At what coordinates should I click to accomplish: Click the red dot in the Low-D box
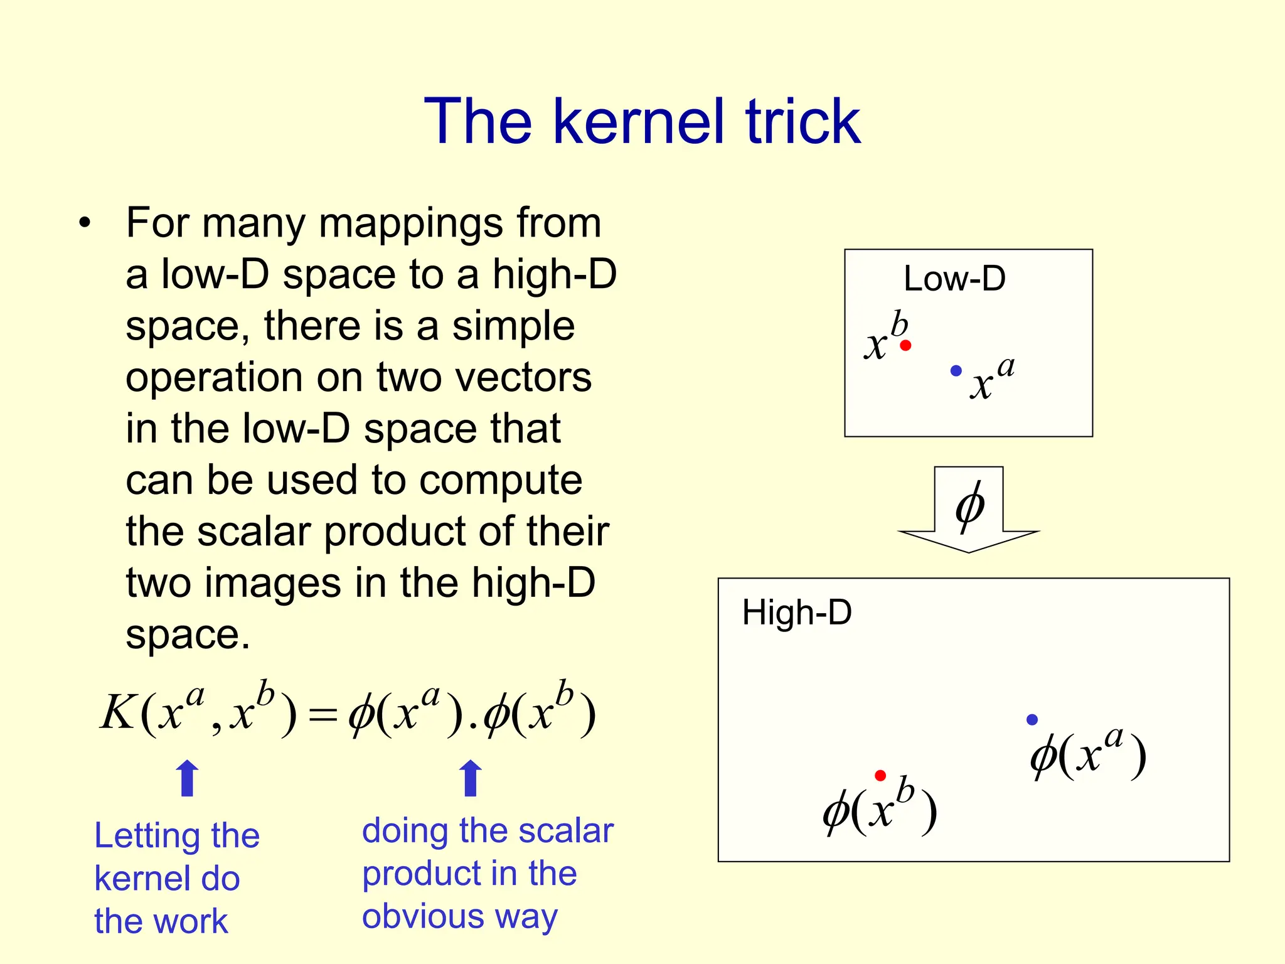905,345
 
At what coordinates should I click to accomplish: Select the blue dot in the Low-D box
956,371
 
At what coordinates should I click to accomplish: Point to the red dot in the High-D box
880,776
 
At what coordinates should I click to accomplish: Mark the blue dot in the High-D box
1032,720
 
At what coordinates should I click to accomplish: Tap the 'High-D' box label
797,613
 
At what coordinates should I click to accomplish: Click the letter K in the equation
118,713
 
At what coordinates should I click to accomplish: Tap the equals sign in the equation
323,715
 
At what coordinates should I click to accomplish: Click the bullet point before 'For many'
85,223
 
